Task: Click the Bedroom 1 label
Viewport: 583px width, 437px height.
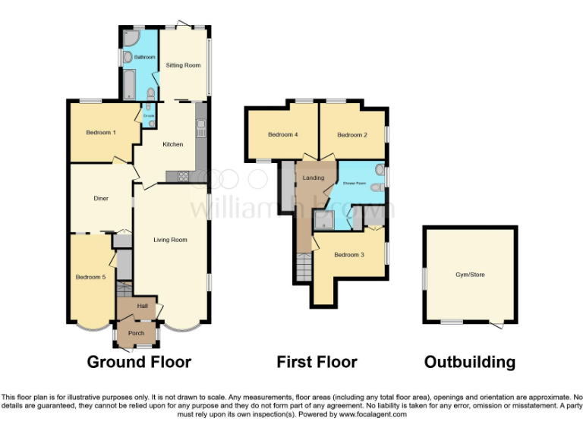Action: click(x=100, y=133)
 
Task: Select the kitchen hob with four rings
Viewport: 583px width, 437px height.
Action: click(x=183, y=177)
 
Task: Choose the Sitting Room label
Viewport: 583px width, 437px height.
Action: click(x=183, y=66)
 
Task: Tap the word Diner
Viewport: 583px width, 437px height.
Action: click(x=101, y=199)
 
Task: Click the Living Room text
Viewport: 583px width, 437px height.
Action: click(x=170, y=240)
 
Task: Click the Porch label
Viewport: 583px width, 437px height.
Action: click(x=136, y=333)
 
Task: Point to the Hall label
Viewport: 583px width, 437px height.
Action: click(x=142, y=306)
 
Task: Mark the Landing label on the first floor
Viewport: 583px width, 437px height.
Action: click(x=313, y=178)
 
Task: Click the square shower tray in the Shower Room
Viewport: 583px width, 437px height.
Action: click(x=324, y=220)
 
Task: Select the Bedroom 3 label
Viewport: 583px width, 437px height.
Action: click(x=349, y=255)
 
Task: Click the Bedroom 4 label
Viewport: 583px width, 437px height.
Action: click(x=282, y=135)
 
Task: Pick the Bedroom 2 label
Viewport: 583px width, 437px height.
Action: click(x=352, y=135)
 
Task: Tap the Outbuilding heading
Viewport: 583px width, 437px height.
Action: click(x=469, y=362)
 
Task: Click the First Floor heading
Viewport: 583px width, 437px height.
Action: click(x=317, y=362)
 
